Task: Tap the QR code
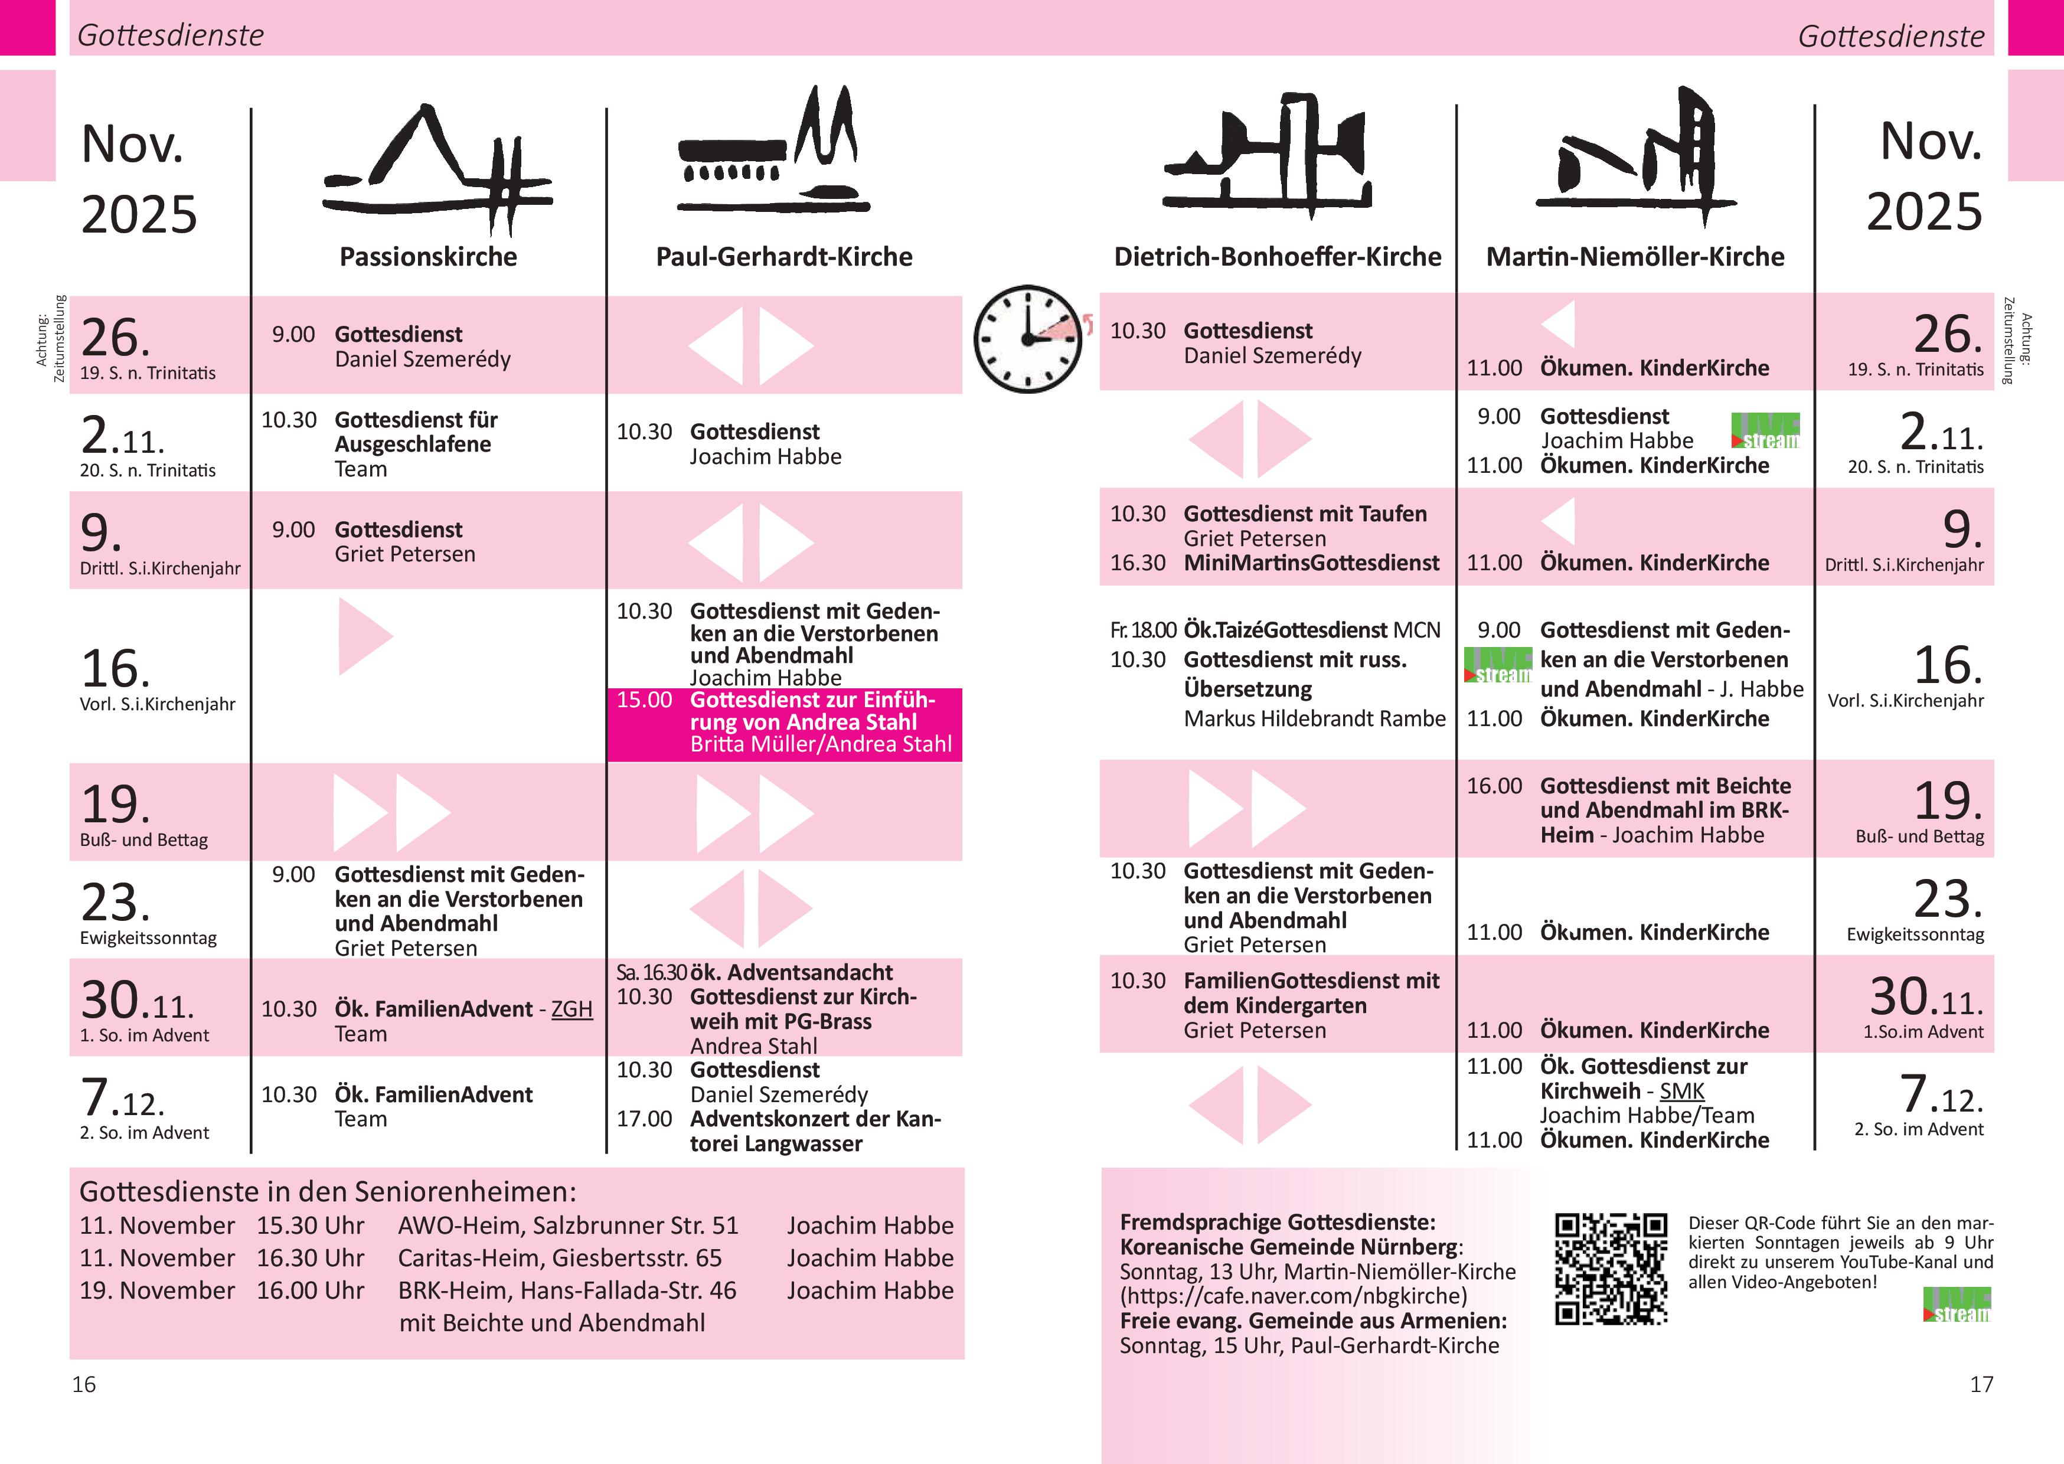[1611, 1269]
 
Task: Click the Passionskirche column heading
[428, 257]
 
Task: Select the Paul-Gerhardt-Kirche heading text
[784, 257]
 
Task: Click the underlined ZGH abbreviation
[571, 1009]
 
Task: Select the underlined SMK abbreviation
[1682, 1091]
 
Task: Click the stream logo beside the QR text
[1957, 1305]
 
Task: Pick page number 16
[84, 1384]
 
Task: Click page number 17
[1981, 1384]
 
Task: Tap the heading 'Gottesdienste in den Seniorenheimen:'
[327, 1192]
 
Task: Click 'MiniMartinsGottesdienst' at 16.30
[1311, 563]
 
